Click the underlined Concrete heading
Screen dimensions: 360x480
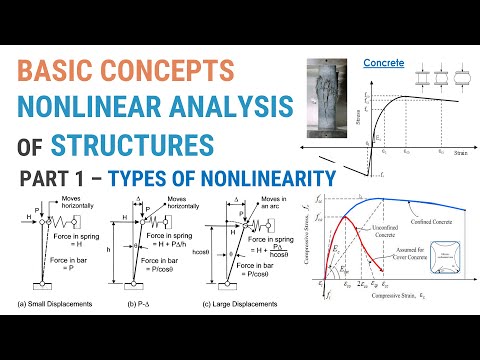[x=383, y=63]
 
